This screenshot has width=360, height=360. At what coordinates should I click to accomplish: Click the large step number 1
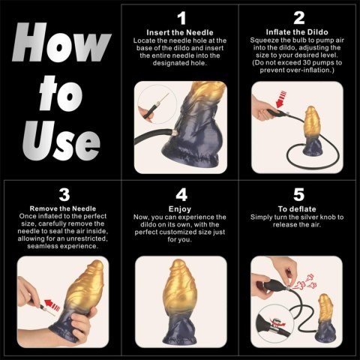179,17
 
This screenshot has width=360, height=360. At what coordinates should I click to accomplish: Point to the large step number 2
298,17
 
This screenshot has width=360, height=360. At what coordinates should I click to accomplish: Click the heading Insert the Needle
179,33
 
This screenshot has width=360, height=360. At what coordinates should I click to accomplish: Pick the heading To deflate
298,209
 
